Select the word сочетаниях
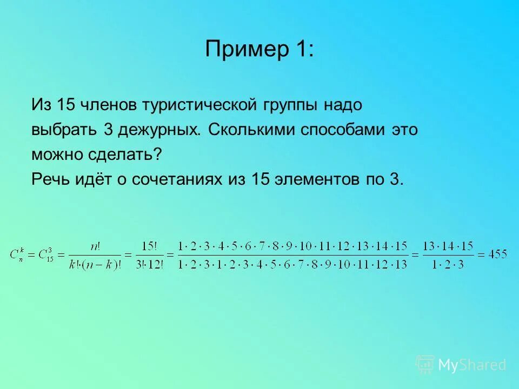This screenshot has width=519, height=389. [x=176, y=180]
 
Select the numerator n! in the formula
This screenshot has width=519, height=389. [x=96, y=246]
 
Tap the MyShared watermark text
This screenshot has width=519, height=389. [x=472, y=365]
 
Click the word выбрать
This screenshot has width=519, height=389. [x=61, y=130]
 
